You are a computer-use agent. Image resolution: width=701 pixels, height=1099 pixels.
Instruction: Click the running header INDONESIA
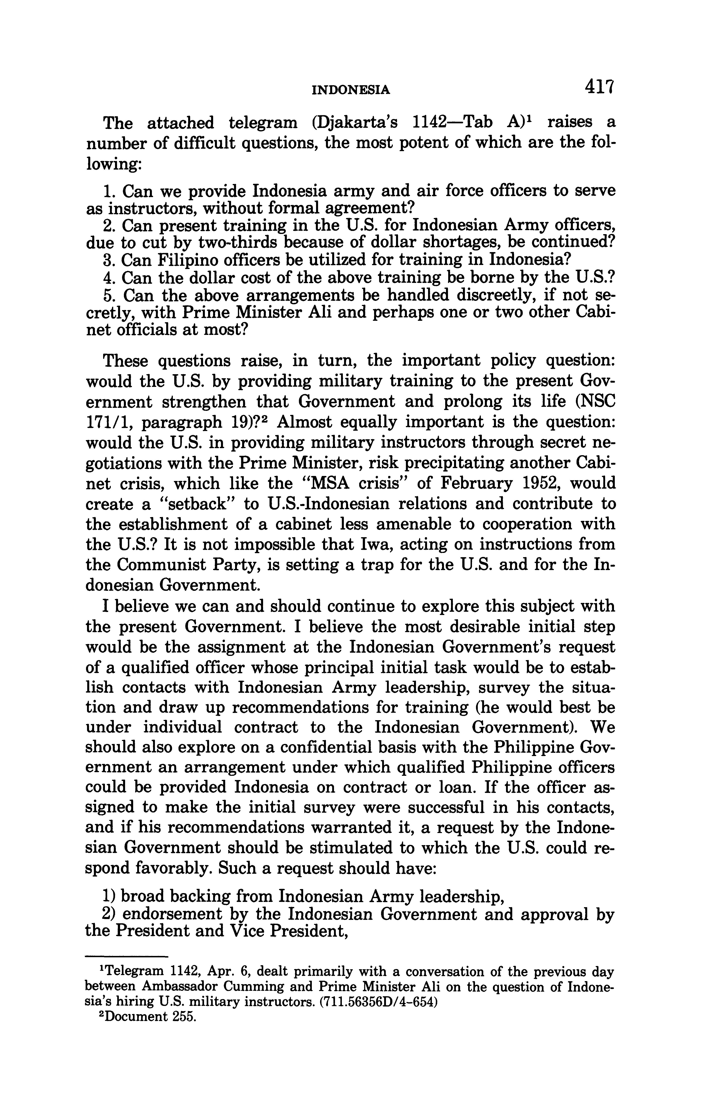click(351, 90)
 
